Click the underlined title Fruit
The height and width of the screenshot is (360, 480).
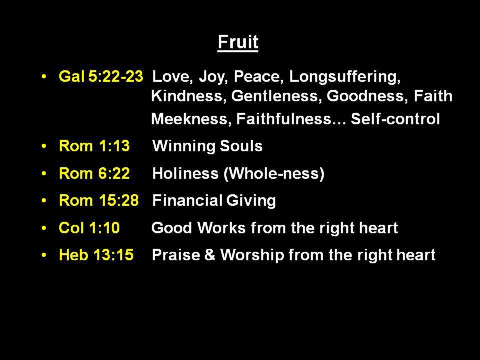[x=238, y=42]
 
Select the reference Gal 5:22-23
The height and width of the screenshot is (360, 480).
[x=101, y=76]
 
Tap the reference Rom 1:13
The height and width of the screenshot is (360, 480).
[x=94, y=146]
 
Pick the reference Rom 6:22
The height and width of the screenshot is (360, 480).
[x=94, y=173]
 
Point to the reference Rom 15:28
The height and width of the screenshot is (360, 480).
[x=99, y=201]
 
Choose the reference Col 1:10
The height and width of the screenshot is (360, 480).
[x=89, y=228]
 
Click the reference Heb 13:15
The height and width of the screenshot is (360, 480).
[x=96, y=255]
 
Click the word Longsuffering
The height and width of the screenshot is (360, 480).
[x=345, y=77]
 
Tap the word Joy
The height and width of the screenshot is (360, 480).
[x=213, y=77]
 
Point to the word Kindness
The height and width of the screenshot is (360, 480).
[x=189, y=96]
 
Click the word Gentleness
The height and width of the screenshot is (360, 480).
[x=276, y=96]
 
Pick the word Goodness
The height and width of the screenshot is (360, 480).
[x=367, y=96]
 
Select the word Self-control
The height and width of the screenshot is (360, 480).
[x=395, y=119]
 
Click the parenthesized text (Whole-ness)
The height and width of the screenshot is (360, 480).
[x=274, y=174]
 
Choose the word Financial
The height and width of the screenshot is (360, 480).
[x=187, y=201]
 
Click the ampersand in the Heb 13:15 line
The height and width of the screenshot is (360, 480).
[x=210, y=255]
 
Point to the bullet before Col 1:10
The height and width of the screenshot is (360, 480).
[x=44, y=228]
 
